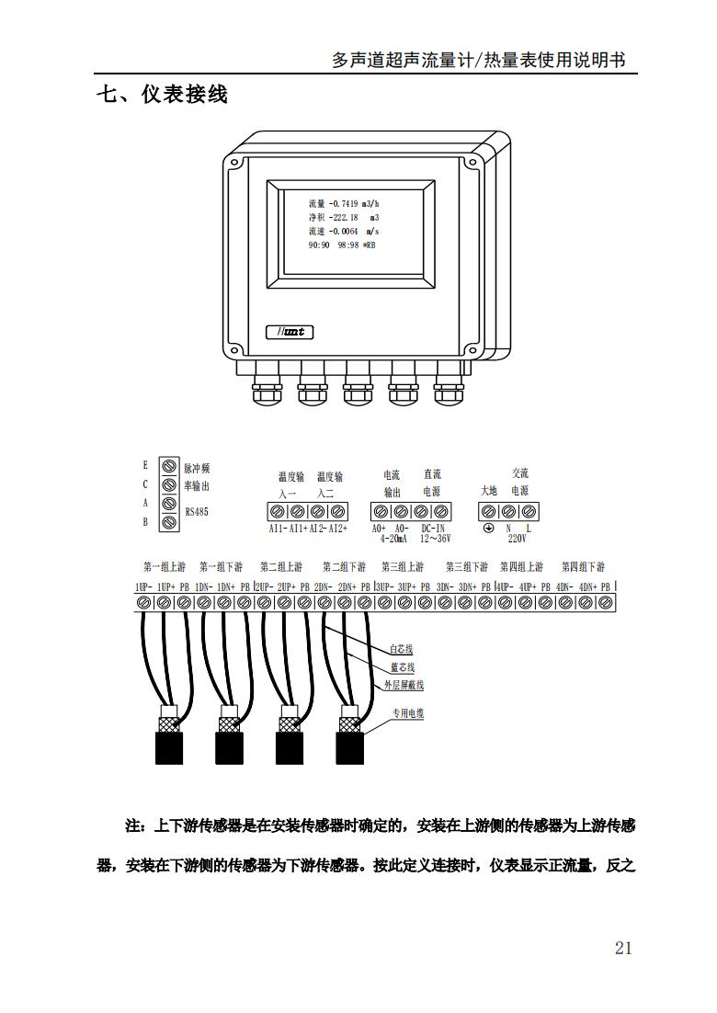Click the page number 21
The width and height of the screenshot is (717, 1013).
(x=623, y=948)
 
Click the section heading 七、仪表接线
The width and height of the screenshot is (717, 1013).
(x=162, y=94)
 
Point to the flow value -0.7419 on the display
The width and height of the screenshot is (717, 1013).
(x=344, y=203)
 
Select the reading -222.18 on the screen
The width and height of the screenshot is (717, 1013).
(x=346, y=218)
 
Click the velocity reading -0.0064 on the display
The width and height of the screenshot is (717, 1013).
(x=346, y=232)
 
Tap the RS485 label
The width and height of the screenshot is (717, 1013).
(x=197, y=511)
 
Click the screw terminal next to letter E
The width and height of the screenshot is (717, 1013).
(x=168, y=466)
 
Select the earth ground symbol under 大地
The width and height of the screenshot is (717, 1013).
(x=489, y=529)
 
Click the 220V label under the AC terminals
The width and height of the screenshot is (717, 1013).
(x=518, y=540)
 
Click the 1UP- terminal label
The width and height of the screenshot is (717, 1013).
(x=143, y=586)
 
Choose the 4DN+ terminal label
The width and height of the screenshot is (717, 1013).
(x=588, y=586)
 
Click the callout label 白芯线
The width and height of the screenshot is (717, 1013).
(x=403, y=650)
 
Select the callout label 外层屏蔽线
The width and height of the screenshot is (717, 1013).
(x=404, y=685)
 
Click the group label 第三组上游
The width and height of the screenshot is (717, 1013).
(x=403, y=566)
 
